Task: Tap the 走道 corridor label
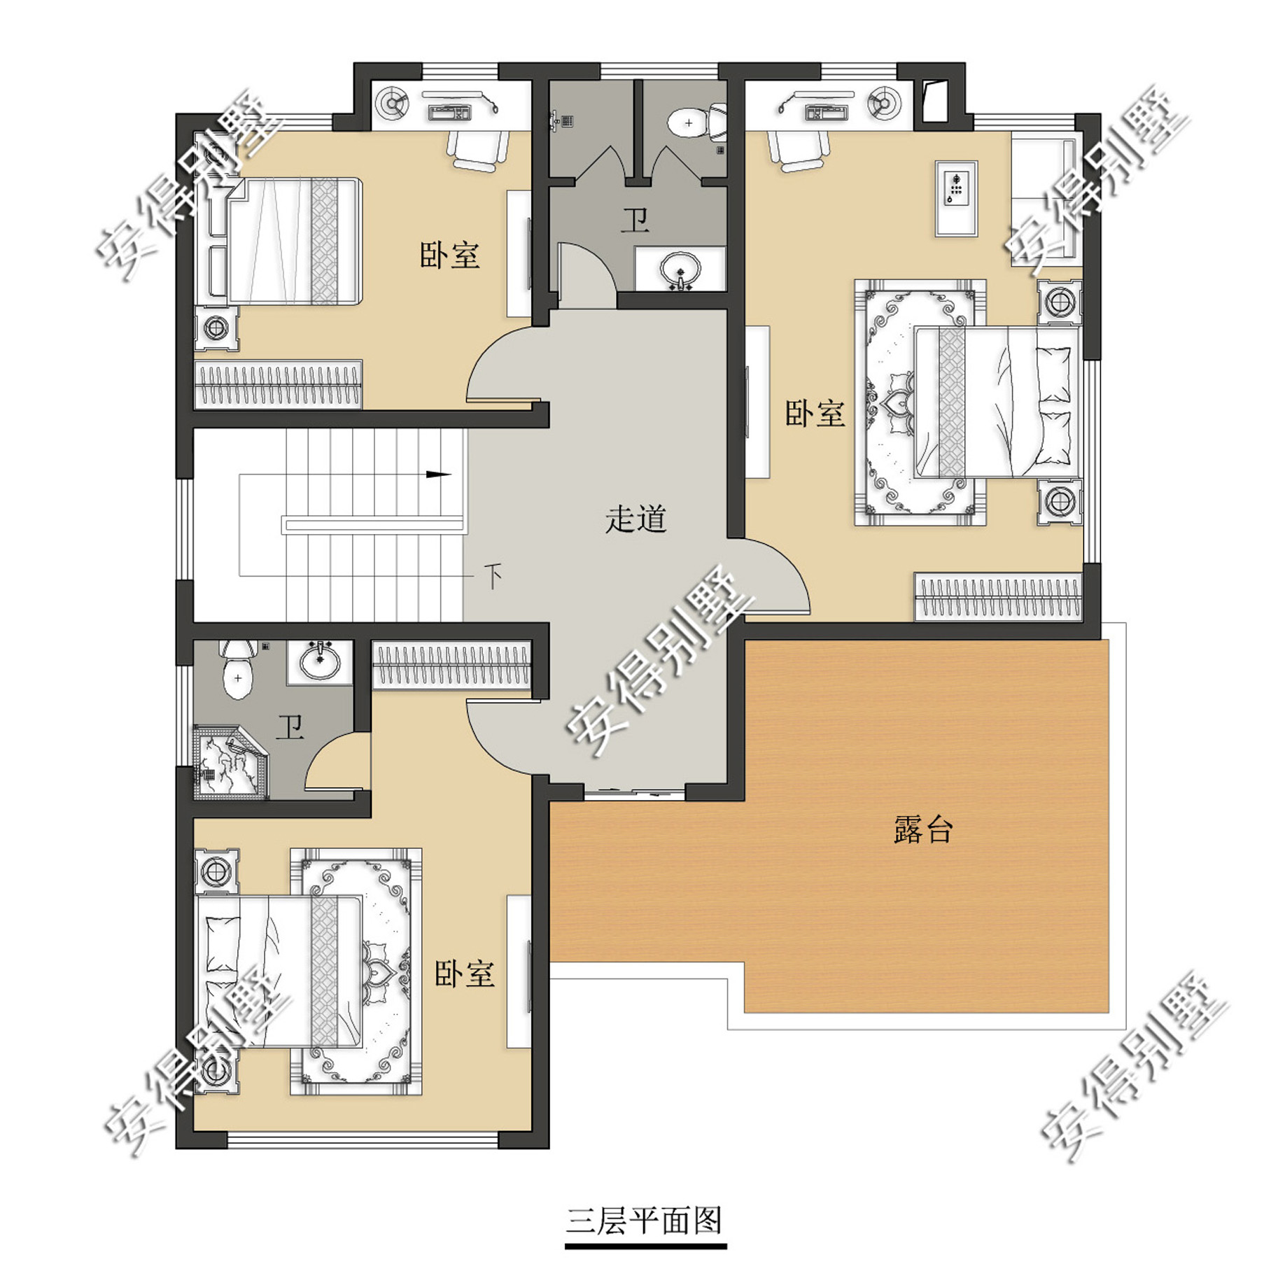click(x=636, y=519)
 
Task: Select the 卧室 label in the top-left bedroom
click(x=450, y=255)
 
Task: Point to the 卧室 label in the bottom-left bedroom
click(x=465, y=974)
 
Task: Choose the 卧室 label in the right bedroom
click(x=815, y=414)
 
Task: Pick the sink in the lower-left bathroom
click(x=319, y=661)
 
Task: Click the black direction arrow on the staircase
click(x=439, y=475)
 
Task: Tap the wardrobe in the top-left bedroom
click(x=279, y=384)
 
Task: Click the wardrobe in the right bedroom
click(x=998, y=597)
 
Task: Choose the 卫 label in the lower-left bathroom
click(x=290, y=728)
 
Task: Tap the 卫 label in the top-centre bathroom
click(x=636, y=220)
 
